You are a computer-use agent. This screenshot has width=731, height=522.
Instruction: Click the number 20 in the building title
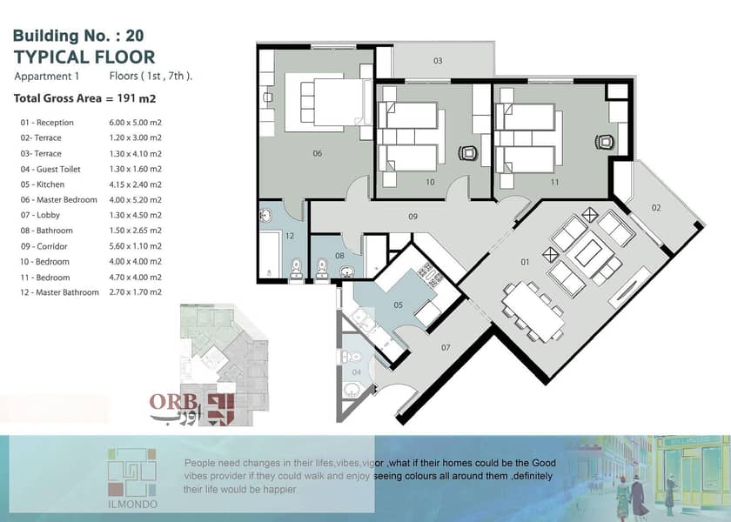pyautogui.click(x=134, y=36)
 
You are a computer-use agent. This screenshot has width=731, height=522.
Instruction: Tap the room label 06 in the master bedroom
pyautogui.click(x=318, y=153)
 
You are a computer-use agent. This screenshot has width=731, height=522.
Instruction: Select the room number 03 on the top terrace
pyautogui.click(x=438, y=61)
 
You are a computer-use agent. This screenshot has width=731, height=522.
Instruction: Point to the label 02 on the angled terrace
pyautogui.click(x=656, y=208)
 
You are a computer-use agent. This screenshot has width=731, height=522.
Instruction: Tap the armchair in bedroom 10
pyautogui.click(x=468, y=152)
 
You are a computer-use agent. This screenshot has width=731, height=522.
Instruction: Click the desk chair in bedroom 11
pyautogui.click(x=604, y=142)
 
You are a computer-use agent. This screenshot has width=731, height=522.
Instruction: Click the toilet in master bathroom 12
pyautogui.click(x=296, y=270)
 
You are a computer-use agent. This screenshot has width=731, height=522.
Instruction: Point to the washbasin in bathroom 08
pyautogui.click(x=346, y=271)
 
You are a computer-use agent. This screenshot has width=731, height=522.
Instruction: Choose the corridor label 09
pyautogui.click(x=412, y=217)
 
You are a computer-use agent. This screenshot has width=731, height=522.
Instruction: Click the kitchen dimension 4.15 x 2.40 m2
pyautogui.click(x=135, y=184)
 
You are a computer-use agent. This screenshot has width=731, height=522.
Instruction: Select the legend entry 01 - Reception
pyautogui.click(x=47, y=123)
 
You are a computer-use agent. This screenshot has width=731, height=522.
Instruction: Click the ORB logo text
pyautogui.click(x=173, y=402)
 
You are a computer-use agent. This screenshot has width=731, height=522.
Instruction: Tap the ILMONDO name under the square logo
pyautogui.click(x=132, y=505)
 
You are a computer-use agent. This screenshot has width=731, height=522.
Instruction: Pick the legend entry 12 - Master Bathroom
pyautogui.click(x=60, y=292)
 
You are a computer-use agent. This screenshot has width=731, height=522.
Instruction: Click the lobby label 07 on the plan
pyautogui.click(x=446, y=348)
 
